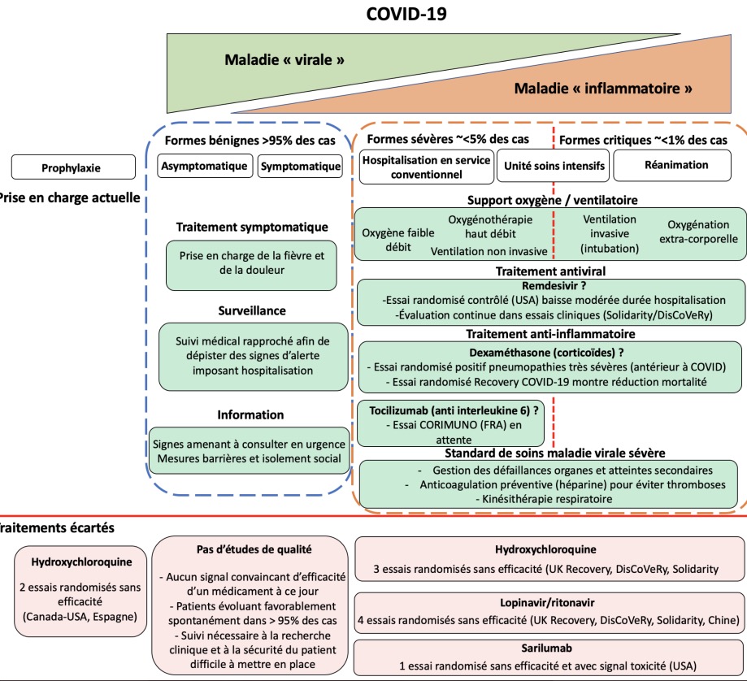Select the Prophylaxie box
[72, 168]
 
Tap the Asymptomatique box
[205, 167]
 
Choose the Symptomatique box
[300, 167]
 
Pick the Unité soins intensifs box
[554, 167]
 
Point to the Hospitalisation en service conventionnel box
[426, 167]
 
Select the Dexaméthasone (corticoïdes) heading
[547, 354]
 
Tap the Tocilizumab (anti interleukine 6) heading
[439, 410]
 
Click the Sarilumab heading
[549, 650]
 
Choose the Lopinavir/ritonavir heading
[550, 605]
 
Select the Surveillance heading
[252, 310]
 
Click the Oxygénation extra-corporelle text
[702, 232]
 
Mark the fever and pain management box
[251, 263]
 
